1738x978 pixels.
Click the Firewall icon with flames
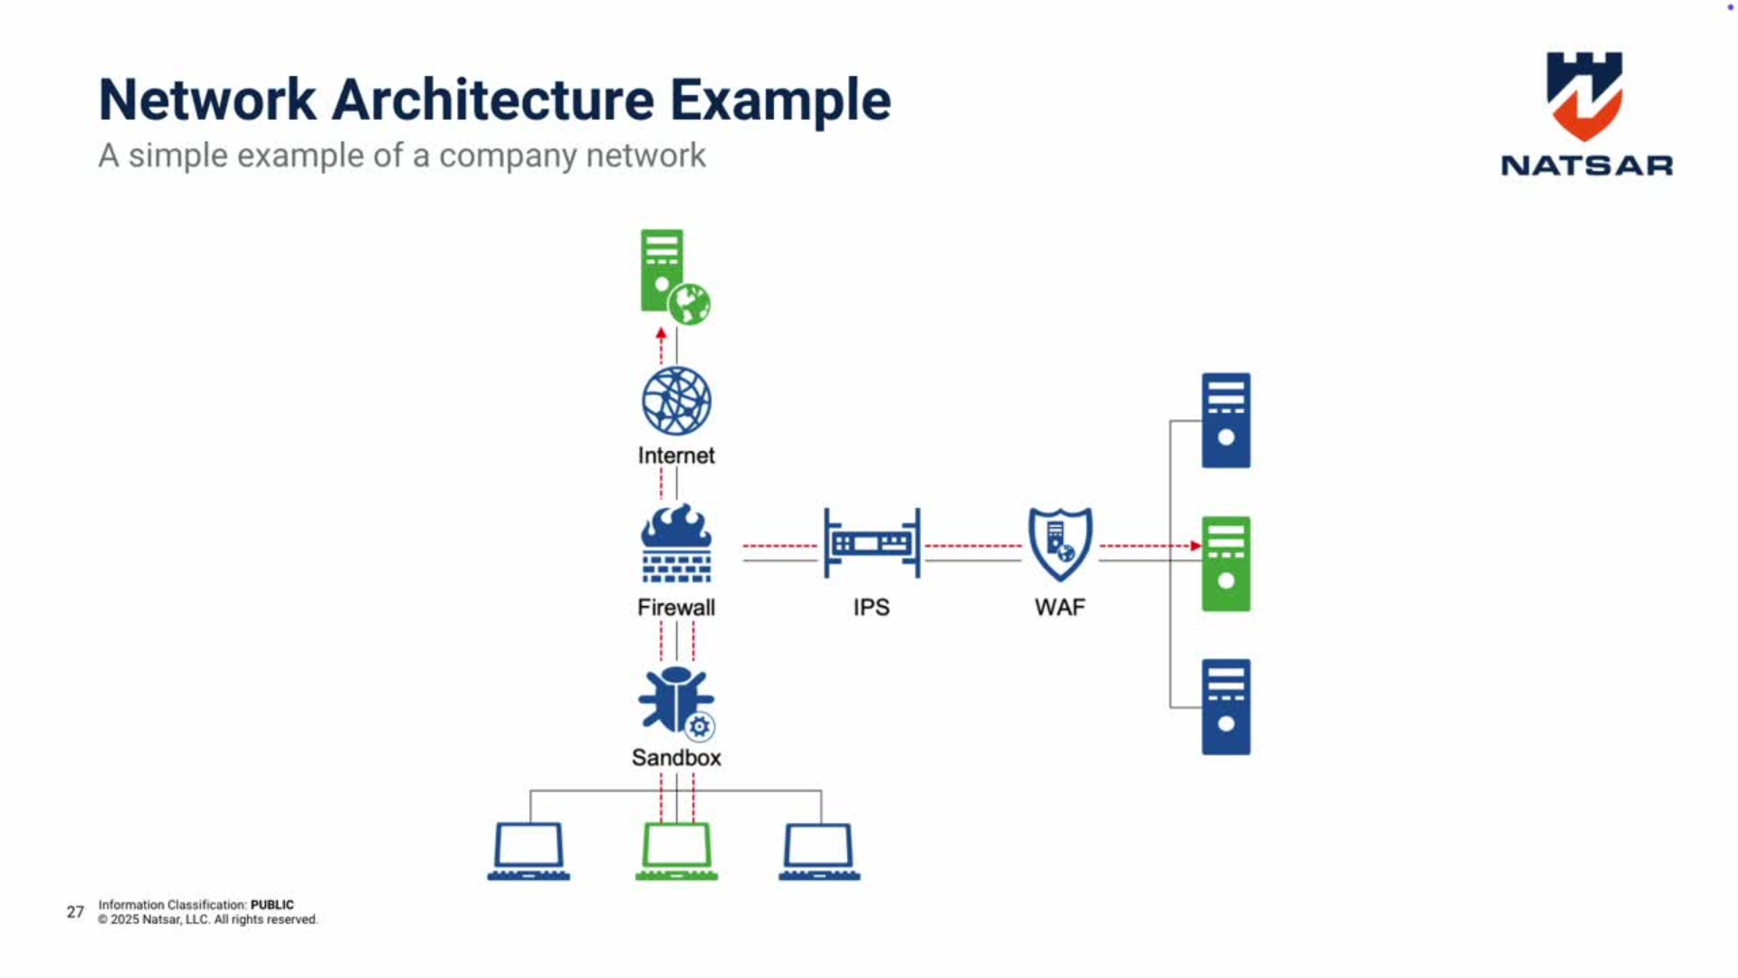pos(676,543)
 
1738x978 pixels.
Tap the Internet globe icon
pos(676,401)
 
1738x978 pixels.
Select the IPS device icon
pos(872,543)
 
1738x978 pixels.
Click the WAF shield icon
pos(1060,543)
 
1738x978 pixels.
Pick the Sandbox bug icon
pos(674,700)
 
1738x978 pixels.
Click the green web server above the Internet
pos(664,271)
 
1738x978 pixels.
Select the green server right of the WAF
pos(1226,563)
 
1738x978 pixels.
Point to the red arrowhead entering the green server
pos(1196,546)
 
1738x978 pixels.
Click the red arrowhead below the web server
pos(661,333)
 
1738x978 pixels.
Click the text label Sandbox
pos(676,758)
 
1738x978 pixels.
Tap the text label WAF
pos(1060,608)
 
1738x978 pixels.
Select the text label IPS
pos(872,608)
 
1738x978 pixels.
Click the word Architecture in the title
pos(492,100)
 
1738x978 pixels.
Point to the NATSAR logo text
pos(1586,166)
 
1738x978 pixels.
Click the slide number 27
pos(75,912)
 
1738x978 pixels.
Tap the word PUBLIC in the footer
pos(272,905)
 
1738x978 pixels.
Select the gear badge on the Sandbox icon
pos(699,726)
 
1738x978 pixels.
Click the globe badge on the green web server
pos(691,304)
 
